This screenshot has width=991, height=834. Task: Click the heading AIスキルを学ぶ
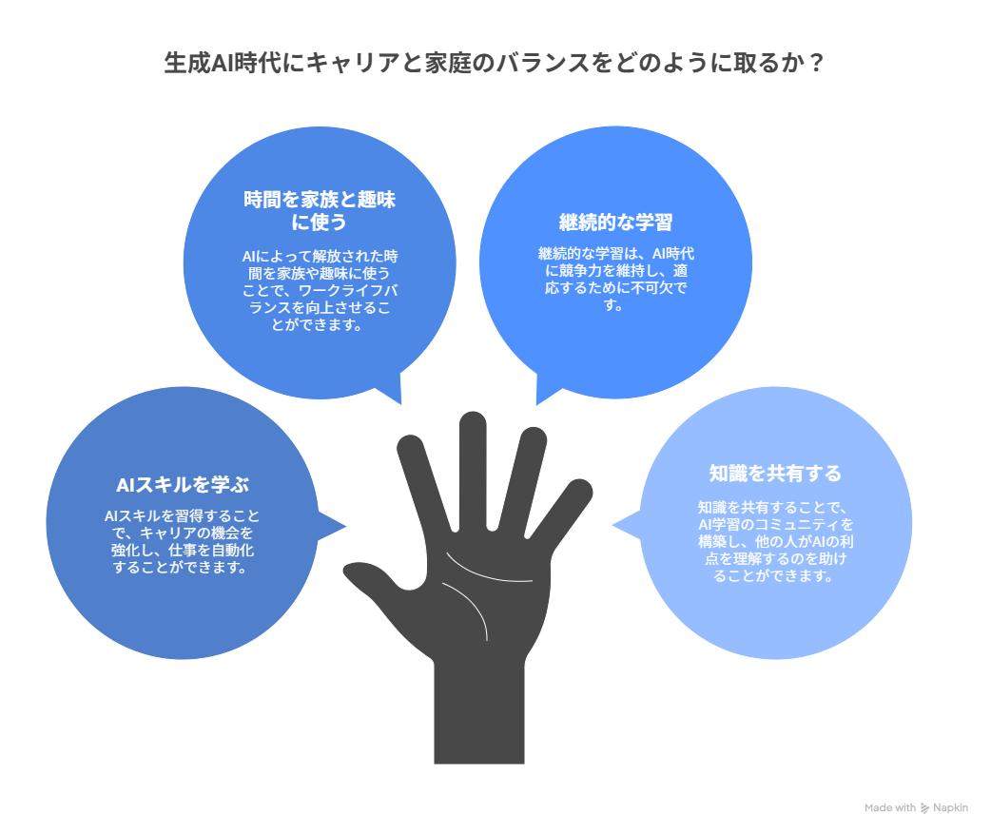(x=182, y=485)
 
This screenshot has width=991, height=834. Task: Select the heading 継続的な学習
(x=615, y=222)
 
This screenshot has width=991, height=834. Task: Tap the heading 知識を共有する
(x=775, y=474)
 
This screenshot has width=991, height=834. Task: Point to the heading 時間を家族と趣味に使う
(x=320, y=210)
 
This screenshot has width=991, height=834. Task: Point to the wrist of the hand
(x=479, y=714)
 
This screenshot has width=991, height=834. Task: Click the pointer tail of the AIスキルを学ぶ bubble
(x=331, y=526)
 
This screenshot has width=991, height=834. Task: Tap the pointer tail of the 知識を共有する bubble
(x=627, y=525)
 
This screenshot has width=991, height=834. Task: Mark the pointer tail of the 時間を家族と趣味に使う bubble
(x=392, y=389)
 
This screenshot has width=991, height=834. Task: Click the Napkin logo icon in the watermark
(x=924, y=808)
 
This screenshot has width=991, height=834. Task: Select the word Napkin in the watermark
(x=950, y=808)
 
